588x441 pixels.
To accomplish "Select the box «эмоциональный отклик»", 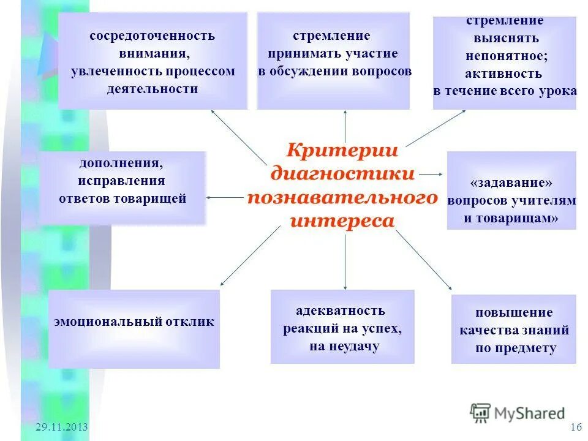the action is pyautogui.click(x=134, y=329).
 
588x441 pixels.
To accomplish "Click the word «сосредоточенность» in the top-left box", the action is pyautogui.click(x=153, y=36).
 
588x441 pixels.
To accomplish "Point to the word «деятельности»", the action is pyautogui.click(x=153, y=89).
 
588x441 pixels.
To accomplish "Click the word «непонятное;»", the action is pyautogui.click(x=505, y=56).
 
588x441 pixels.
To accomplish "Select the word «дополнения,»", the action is pyautogui.click(x=121, y=164).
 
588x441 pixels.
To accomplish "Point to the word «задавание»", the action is pyautogui.click(x=511, y=183).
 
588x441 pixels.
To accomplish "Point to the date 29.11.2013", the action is pyautogui.click(x=62, y=427).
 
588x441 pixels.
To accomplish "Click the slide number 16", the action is pyautogui.click(x=575, y=427).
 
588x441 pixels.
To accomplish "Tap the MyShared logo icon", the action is pyautogui.click(x=481, y=413).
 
